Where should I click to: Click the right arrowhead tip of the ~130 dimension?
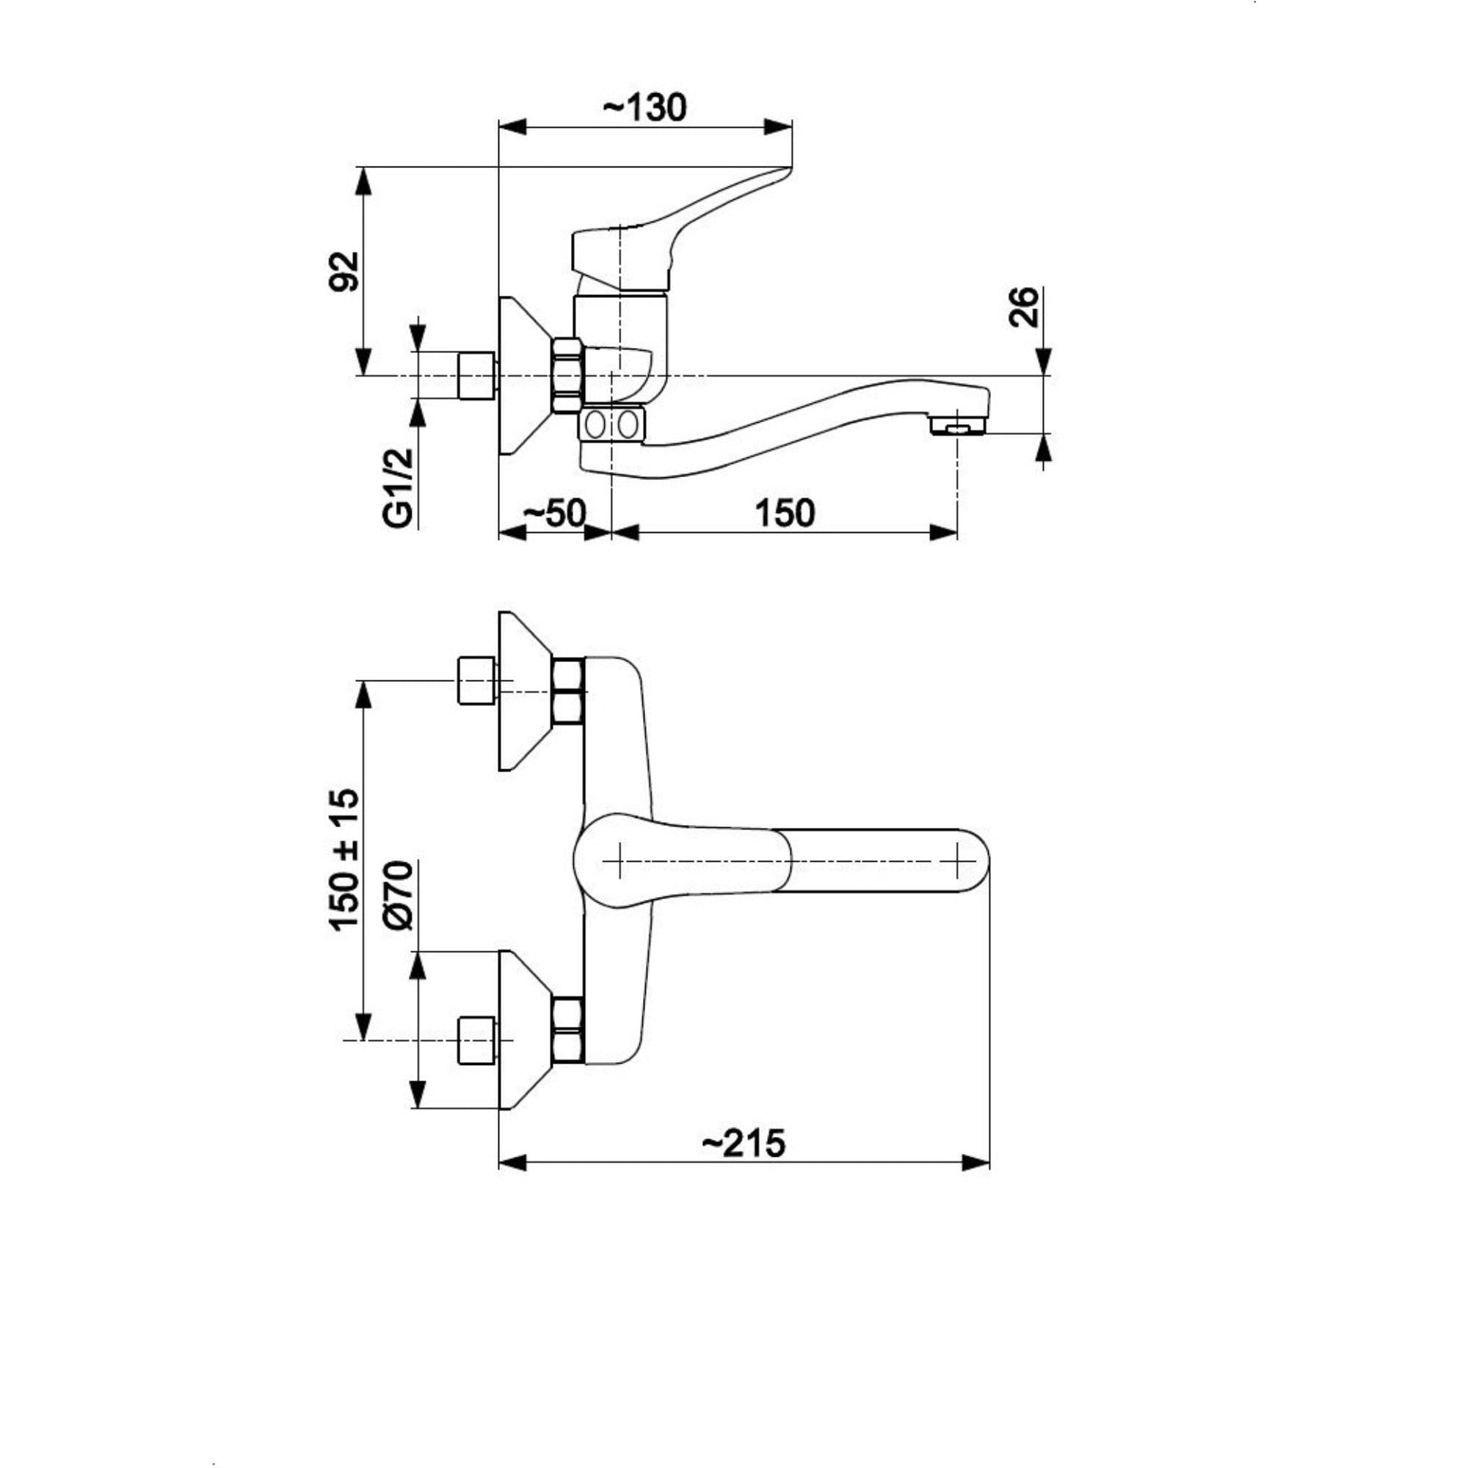792,127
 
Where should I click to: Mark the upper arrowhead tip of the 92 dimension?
365,168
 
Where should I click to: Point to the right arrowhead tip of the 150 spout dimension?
956,533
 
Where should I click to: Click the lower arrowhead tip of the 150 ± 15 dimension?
365,1039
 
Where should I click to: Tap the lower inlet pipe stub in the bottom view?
478,1040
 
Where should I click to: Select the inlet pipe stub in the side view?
478,374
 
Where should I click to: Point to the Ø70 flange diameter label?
400,895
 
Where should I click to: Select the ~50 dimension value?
555,515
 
